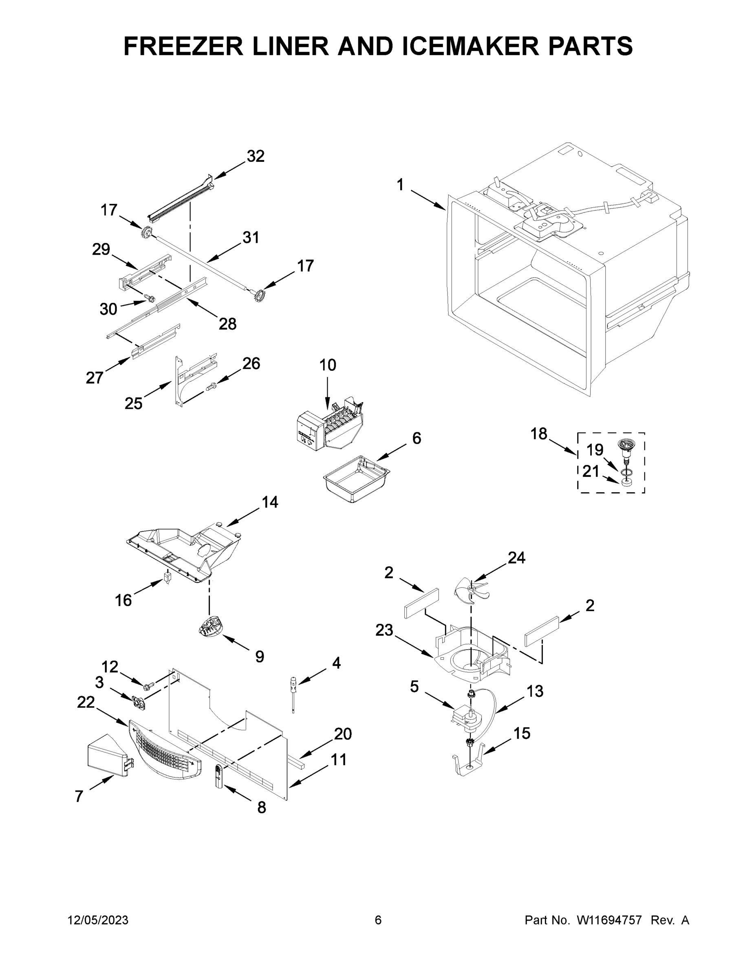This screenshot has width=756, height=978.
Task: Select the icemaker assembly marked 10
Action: [331, 427]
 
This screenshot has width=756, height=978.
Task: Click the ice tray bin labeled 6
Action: [356, 479]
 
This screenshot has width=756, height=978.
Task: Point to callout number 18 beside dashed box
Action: [539, 434]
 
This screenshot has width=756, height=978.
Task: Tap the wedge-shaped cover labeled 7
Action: [106, 756]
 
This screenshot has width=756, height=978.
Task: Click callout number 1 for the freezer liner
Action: [400, 185]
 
